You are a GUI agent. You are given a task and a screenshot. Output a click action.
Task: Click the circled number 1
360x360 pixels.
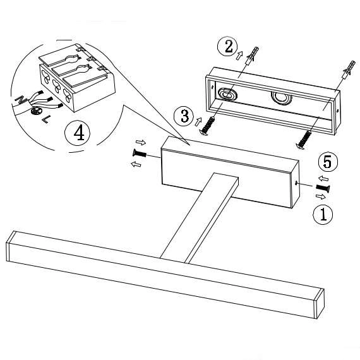tap(323, 214)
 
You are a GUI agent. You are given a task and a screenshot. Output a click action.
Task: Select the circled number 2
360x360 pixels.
tap(228, 46)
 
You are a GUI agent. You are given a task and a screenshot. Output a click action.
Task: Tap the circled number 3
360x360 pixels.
tap(184, 116)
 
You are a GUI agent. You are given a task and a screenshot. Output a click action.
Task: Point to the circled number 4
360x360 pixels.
tap(78, 133)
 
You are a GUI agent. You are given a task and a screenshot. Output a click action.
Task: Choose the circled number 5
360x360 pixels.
tap(328, 162)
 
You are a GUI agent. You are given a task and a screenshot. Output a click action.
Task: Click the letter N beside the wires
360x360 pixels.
tap(21, 99)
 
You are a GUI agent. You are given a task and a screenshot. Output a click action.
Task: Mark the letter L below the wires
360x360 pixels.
tap(46, 119)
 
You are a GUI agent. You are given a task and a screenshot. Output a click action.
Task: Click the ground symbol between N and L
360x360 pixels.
tap(35, 111)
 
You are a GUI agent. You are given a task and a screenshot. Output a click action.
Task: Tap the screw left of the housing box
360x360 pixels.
tap(140, 153)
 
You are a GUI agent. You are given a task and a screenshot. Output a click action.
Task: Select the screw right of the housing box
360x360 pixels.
tap(323, 188)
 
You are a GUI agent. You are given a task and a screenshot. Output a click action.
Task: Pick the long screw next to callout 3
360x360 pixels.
tap(207, 126)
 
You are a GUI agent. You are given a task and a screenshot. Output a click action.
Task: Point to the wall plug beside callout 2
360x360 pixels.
tap(253, 56)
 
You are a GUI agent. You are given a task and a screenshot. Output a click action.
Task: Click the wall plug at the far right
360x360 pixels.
tap(349, 68)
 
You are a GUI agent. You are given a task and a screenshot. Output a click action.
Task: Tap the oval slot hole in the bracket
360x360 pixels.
tap(226, 94)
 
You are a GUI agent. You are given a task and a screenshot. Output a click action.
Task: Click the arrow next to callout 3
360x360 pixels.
tap(198, 121)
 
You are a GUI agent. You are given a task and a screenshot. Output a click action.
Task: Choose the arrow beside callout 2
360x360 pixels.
tap(239, 55)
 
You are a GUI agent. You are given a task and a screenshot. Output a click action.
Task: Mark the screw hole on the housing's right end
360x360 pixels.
tap(296, 183)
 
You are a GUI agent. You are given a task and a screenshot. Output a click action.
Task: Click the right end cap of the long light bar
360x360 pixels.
tap(320, 304)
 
